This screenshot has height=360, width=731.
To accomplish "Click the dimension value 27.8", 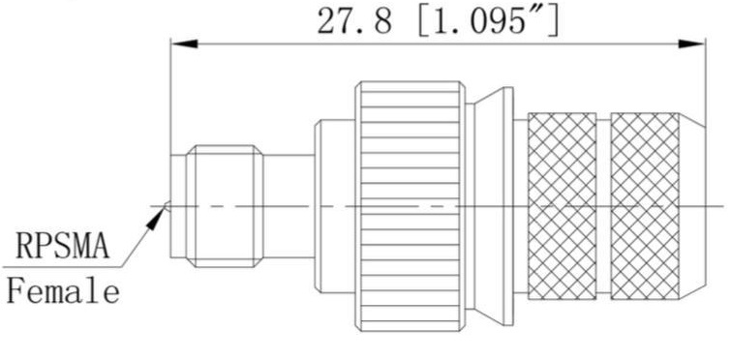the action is [x=354, y=21].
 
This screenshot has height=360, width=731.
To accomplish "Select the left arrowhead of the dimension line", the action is [x=185, y=44].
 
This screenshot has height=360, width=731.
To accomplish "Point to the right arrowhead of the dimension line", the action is [x=691, y=44].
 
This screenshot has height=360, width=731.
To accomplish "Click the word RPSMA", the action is [x=63, y=246].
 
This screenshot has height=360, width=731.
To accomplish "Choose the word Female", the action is [x=63, y=291].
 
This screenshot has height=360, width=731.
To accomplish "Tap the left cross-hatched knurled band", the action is [x=563, y=206].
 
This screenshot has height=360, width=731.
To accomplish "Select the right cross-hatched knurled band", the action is [x=645, y=206].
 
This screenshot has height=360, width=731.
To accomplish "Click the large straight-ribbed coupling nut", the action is [x=410, y=206].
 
